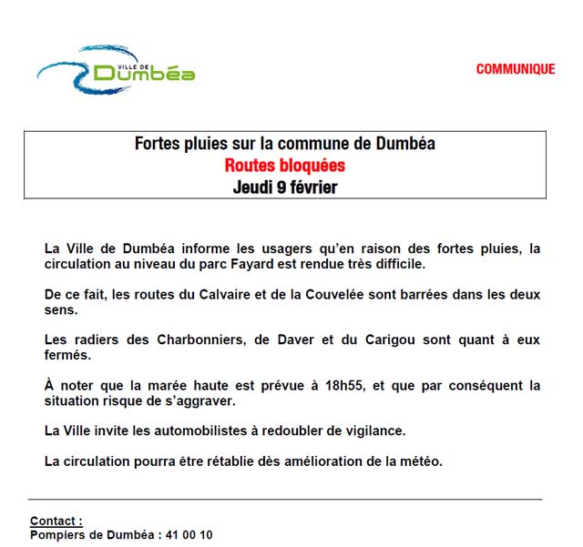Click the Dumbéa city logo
pos(117,69)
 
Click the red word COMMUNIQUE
pos(515,69)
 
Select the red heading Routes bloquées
pos(284,166)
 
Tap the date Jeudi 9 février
pos(284,187)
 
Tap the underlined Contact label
pos(56,522)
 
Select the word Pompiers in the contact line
pos(57,535)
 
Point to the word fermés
pos(68,355)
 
